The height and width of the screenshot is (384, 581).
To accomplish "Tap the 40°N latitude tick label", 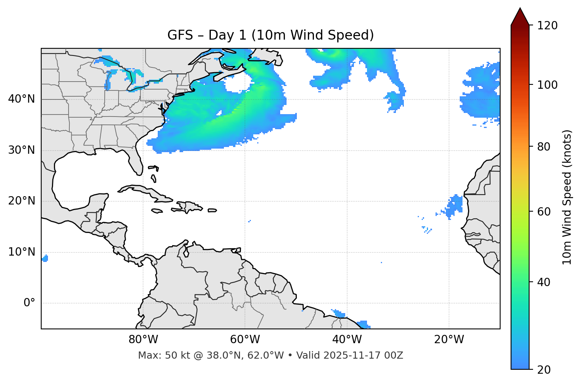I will click(21, 99).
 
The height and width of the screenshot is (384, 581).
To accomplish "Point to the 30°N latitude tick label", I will click(21, 150).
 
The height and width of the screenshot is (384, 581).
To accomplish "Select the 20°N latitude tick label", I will click(21, 201).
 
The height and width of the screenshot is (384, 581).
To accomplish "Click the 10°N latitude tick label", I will click(21, 252).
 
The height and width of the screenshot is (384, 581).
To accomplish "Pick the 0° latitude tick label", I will click(29, 303).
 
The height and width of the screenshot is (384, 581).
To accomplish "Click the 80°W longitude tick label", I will click(143, 340).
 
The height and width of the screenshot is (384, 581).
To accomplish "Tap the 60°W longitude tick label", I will click(245, 340).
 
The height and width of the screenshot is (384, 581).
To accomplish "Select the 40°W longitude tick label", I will click(347, 340).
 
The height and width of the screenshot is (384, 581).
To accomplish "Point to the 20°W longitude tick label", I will click(449, 340).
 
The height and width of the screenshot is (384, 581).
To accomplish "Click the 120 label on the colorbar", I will click(547, 26).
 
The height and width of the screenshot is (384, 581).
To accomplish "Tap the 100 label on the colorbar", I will click(547, 85).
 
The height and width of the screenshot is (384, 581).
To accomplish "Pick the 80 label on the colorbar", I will click(544, 147).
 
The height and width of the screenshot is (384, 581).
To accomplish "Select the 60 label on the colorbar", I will click(544, 212).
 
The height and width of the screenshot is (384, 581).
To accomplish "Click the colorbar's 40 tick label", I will click(544, 282).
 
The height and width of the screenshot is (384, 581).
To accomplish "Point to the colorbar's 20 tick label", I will click(544, 370).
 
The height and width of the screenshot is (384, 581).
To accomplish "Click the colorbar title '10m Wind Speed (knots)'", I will click(567, 197).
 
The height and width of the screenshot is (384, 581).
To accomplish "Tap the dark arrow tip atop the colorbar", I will click(520, 16).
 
